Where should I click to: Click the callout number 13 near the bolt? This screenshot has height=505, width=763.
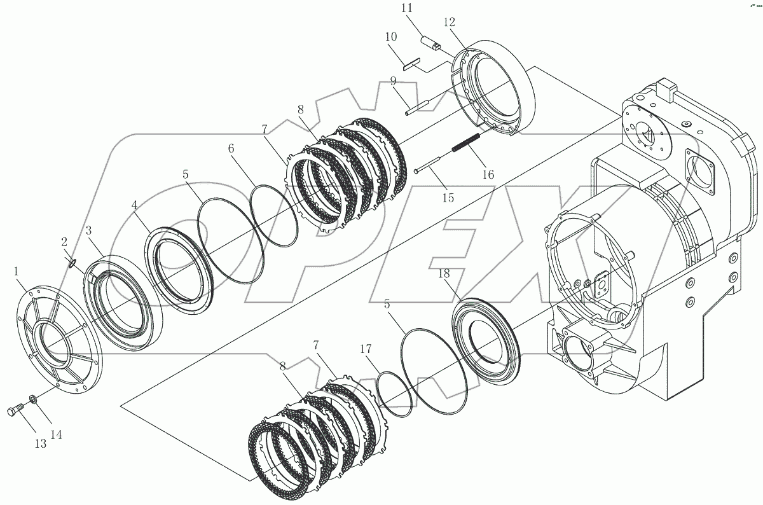pos(40,443)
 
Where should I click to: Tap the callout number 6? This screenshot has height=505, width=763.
pos(231,148)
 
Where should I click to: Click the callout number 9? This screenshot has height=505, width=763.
pos(393,81)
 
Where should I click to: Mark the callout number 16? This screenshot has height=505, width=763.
pos(488,174)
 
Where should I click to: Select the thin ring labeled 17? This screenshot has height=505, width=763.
pos(394,395)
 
